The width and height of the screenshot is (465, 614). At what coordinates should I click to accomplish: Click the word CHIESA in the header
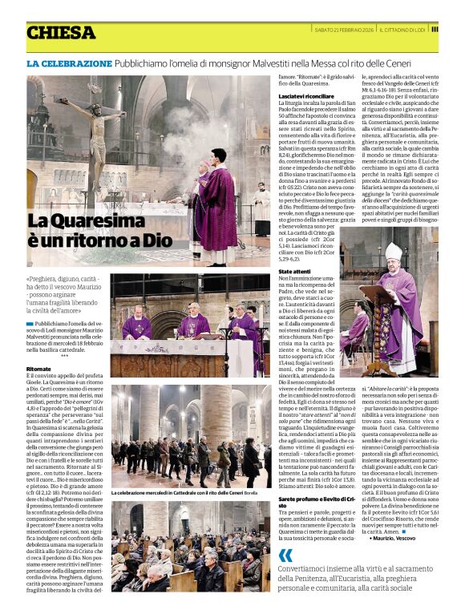[x=61, y=33]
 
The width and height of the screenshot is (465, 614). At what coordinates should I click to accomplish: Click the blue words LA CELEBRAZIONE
[x=69, y=63]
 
